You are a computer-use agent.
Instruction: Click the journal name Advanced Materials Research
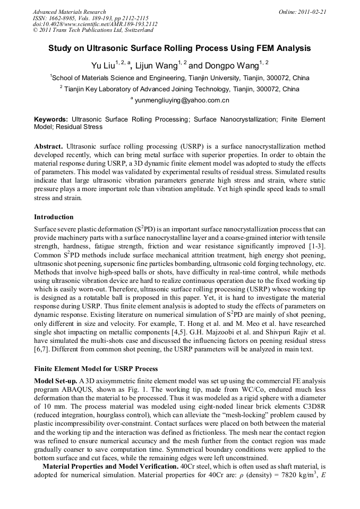tap(69, 11)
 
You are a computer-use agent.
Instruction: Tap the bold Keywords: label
tap(51, 119)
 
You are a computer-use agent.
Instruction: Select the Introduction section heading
tap(54, 217)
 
